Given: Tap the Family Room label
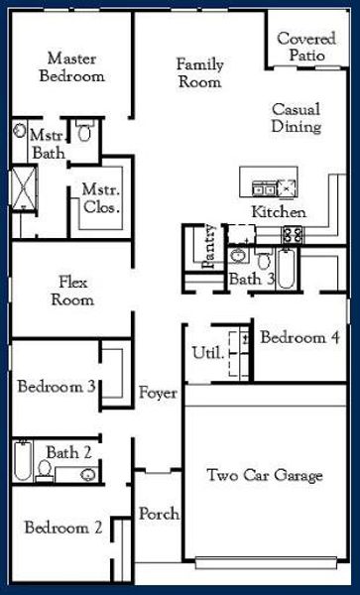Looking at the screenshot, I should [200, 73].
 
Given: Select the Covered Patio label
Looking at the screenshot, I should [306, 47].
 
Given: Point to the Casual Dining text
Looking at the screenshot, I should [297, 118].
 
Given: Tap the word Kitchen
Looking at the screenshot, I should [279, 212].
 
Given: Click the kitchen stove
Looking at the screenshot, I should [293, 235].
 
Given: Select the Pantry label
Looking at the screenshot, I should [209, 249].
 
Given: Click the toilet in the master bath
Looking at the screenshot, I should [85, 132].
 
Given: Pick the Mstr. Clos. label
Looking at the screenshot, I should [100, 198].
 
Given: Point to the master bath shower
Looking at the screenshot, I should [21, 187].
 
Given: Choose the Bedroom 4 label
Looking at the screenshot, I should [300, 338].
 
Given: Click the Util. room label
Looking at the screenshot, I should [205, 352].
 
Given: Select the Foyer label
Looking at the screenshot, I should [158, 393].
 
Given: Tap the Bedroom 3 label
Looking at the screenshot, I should [56, 387].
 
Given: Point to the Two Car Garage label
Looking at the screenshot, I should [265, 476].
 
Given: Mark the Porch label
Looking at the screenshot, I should [159, 514].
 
